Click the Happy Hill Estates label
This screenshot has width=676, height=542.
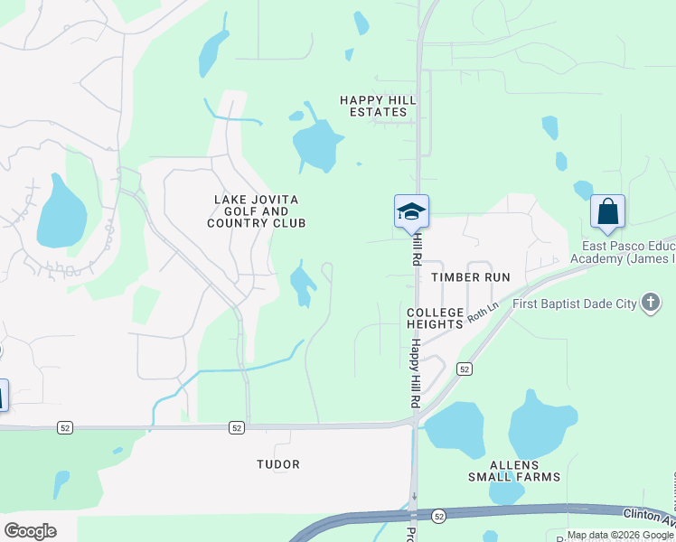click(373, 106)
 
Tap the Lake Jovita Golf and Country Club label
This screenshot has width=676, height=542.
click(256, 211)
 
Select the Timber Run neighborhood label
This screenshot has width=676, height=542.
click(471, 277)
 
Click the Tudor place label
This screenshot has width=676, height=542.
click(278, 464)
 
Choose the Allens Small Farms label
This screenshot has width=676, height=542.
click(513, 470)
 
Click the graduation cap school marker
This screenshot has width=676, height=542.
click(411, 212)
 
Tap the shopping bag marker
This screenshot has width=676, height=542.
click(607, 212)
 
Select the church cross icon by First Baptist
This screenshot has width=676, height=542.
click(650, 303)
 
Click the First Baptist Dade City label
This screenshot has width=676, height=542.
click(574, 304)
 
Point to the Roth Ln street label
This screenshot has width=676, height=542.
click(483, 313)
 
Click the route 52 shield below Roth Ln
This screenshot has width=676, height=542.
click(465, 369)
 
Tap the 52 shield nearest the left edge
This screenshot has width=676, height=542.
click(64, 426)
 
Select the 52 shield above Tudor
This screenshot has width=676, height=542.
click(236, 427)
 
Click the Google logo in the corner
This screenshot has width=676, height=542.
click(30, 531)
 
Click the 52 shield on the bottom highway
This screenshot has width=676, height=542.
click(438, 516)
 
